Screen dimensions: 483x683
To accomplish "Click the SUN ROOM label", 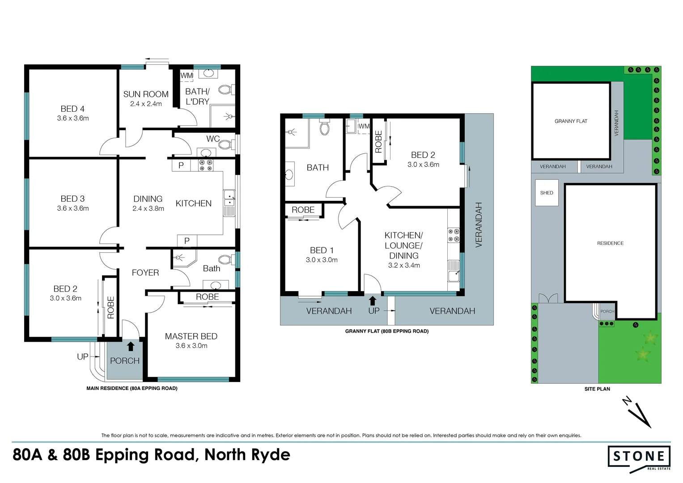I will coord(146,94).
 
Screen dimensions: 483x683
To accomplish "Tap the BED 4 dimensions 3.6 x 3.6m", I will coord(73,119).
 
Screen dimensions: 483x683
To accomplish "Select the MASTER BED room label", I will coord(191,336).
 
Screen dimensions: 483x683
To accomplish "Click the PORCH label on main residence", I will coord(125,361).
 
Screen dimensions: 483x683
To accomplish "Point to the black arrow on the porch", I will coord(131,347).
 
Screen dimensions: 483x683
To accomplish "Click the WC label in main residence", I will coord(212,139).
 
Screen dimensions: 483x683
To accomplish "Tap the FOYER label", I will coord(145,273).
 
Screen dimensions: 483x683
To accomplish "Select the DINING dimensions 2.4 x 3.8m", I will coord(148,209).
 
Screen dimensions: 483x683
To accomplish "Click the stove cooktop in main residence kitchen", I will coord(206,165).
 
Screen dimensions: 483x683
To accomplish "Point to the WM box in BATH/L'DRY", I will coord(187,76).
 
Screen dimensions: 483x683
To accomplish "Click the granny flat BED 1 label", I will coord(322,250).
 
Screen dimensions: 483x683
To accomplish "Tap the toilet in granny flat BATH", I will coord(325,128).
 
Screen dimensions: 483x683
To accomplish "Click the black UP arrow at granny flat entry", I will coord(373,301).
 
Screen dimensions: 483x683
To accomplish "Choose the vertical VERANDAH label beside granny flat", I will coord(479,225).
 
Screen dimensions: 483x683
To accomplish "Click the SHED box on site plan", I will coord(547,193).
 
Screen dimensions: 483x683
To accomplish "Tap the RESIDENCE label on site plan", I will coord(610,243).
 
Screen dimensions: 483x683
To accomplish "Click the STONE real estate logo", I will coord(639,457).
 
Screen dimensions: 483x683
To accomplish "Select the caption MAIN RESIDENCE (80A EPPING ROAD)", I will coord(132,389).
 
